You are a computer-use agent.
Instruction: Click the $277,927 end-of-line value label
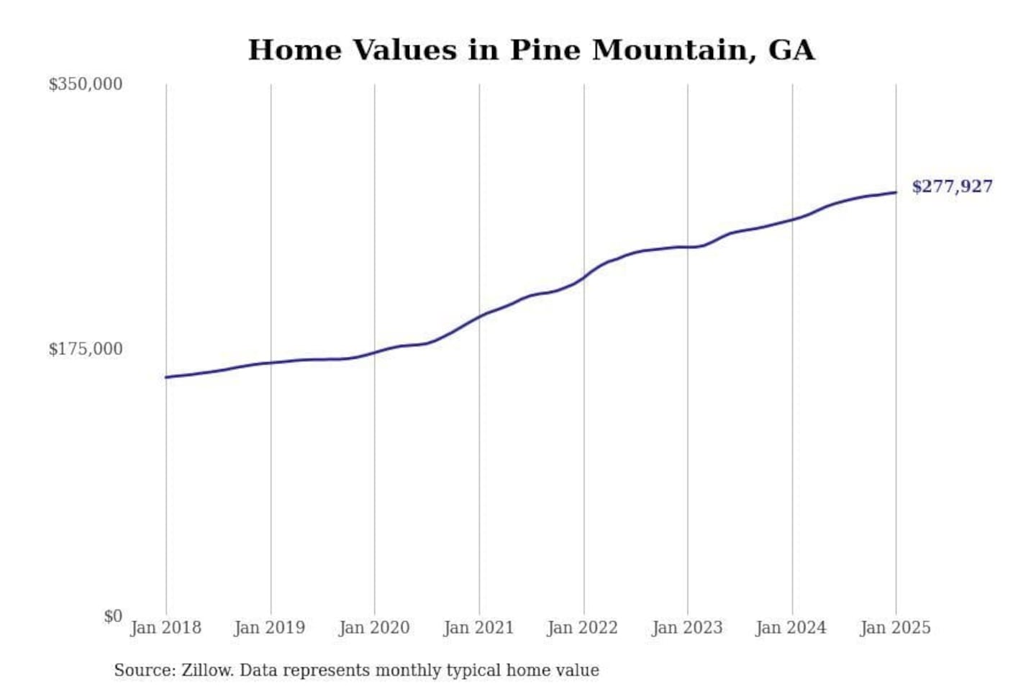pos(951,186)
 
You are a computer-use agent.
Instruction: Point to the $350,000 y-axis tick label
pos(85,84)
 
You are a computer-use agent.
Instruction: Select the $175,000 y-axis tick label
pos(85,349)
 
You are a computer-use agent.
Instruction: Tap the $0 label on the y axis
pos(112,616)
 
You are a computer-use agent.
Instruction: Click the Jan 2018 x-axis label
pos(165,628)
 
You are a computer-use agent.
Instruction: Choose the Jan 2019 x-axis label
pos(270,628)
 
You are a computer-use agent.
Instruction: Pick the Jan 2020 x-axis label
pos(374,628)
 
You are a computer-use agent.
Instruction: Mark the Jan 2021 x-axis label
pos(478,628)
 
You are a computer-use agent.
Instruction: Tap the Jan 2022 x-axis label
pos(583,628)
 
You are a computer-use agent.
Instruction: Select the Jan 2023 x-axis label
pos(687,628)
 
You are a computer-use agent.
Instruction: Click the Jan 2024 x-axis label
pos(791,628)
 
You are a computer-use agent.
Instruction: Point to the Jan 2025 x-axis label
pos(896,628)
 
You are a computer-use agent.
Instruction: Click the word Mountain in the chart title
pos(669,50)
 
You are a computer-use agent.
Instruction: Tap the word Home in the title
pos(295,50)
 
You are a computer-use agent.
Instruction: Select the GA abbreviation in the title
pos(791,50)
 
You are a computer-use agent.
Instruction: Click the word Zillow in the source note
pos(206,670)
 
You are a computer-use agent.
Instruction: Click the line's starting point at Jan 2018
pos(166,377)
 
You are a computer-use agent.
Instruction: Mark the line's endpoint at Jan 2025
pos(896,192)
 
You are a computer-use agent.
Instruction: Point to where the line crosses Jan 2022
pos(584,277)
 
